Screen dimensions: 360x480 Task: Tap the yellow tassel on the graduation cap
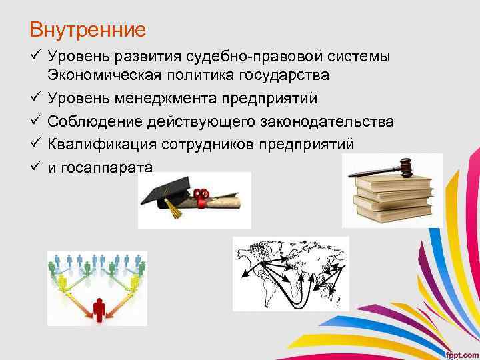tap(174, 211)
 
